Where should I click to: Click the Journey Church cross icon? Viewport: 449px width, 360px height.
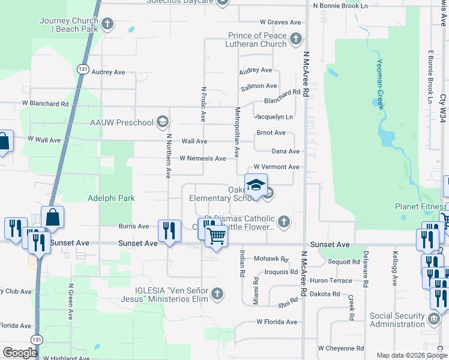[x=107, y=25]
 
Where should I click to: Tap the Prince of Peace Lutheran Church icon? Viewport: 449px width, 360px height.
[x=295, y=40]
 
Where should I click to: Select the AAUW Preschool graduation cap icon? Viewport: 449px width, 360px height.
[x=162, y=123]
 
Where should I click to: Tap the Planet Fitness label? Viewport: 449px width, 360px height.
[x=418, y=206]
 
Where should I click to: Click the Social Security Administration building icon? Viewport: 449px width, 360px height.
[x=435, y=317]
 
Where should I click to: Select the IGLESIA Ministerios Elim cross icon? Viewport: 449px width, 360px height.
[x=217, y=294]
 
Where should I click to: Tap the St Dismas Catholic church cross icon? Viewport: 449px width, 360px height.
[x=285, y=223]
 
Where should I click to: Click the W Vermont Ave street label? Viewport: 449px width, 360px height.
[x=276, y=167]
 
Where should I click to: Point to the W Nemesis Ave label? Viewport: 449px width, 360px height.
[x=203, y=158]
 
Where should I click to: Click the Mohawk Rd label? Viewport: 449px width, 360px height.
[x=271, y=259]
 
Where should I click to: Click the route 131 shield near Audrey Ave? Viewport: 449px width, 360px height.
[x=83, y=70]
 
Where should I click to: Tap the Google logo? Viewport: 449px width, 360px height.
[x=20, y=352]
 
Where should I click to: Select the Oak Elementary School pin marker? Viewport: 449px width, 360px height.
[x=256, y=185]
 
